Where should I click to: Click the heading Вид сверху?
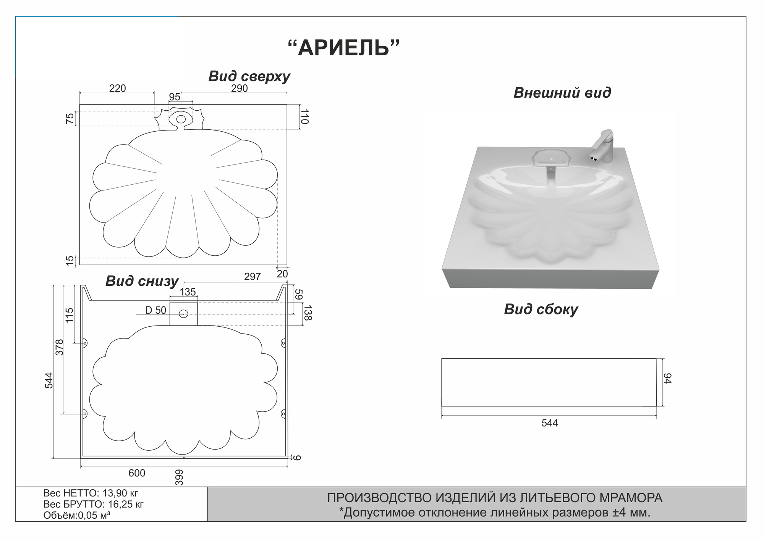[x=249, y=76]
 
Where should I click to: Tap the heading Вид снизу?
[x=142, y=281]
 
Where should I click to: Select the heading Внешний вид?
[x=562, y=93]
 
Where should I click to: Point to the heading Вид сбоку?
[x=541, y=309]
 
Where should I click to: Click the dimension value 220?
[x=117, y=89]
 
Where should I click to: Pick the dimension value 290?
[x=240, y=89]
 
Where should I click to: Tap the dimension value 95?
[x=175, y=97]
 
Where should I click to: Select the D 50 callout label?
[x=155, y=311]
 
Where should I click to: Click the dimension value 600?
[x=137, y=473]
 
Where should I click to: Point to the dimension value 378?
[x=60, y=347]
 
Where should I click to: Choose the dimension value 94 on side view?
[x=667, y=379]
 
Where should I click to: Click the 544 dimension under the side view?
[x=550, y=423]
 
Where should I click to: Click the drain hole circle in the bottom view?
[x=184, y=314]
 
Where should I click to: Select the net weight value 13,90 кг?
[x=120, y=493]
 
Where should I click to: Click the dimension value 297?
[x=252, y=277]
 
